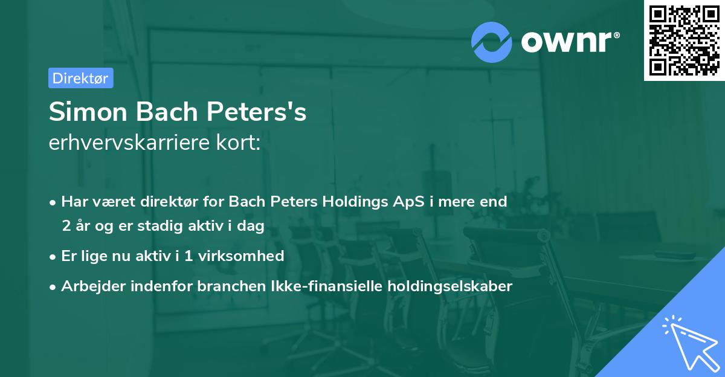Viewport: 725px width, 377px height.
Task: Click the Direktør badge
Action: [x=80, y=78]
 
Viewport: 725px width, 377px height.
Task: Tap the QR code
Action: [x=684, y=40]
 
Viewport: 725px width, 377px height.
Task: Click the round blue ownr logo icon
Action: [x=492, y=42]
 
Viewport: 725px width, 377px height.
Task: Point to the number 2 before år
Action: [x=66, y=225]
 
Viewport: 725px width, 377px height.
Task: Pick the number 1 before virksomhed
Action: [x=188, y=256]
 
